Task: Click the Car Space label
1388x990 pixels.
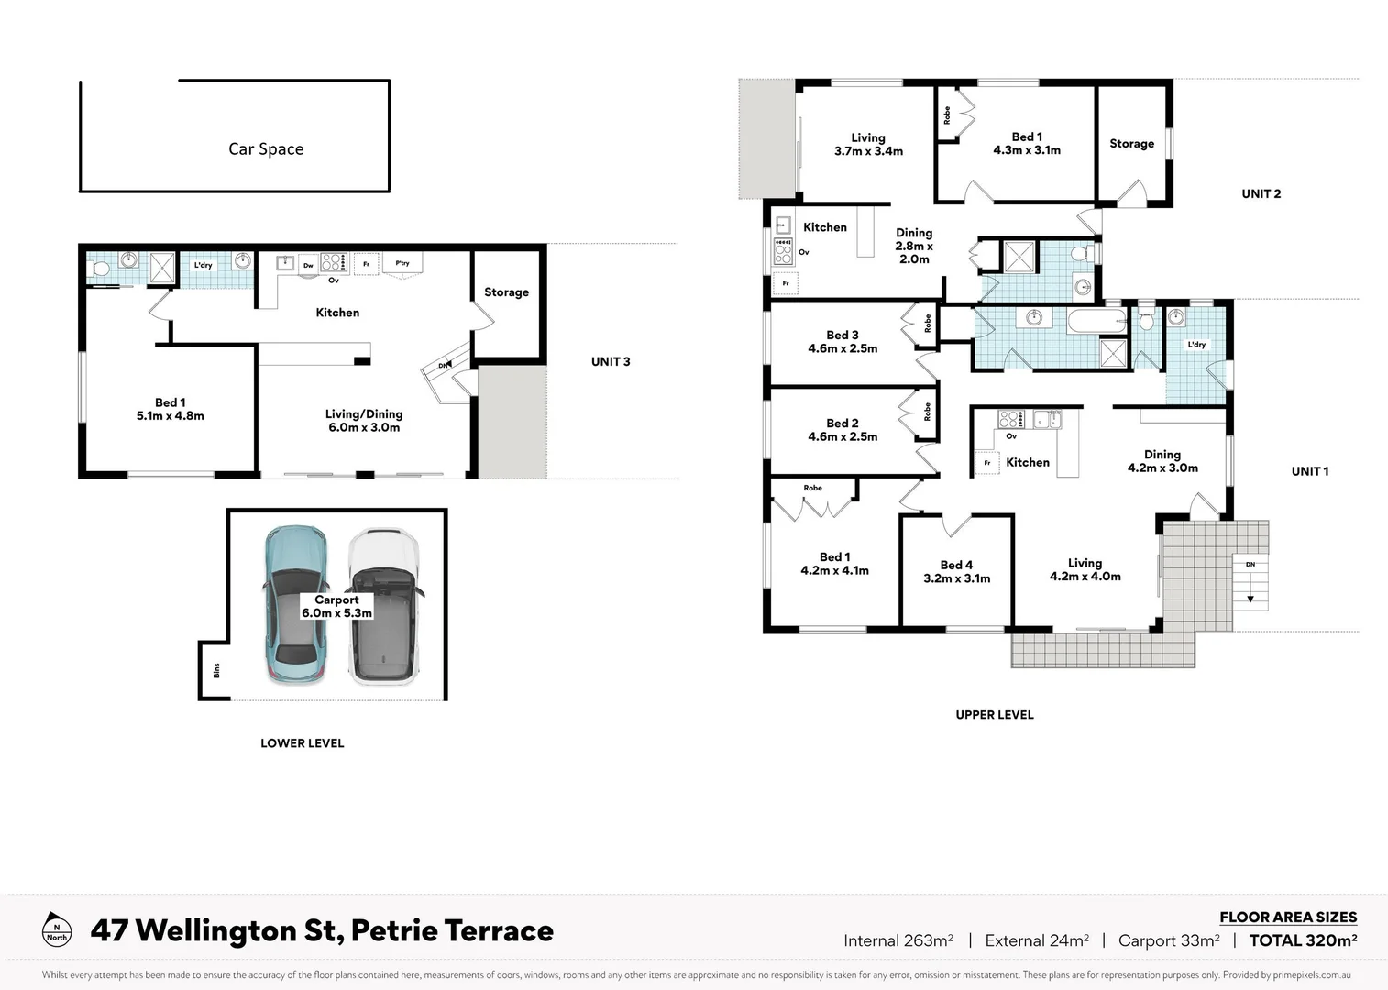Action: coord(266,148)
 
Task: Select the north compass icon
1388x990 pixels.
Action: coord(57,929)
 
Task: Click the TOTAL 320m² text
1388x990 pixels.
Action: coord(1303,940)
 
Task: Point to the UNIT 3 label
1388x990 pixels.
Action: coord(611,361)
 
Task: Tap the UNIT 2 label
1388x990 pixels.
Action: coord(1261,193)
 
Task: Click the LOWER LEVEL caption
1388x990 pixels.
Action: coord(302,743)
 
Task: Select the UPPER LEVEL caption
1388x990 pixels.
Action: coord(994,715)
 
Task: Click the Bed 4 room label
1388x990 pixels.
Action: coord(956,571)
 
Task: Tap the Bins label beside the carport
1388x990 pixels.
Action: coord(216,671)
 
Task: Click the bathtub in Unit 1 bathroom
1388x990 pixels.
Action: coord(1096,321)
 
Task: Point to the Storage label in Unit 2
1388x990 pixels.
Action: coord(1131,144)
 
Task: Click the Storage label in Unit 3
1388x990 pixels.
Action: coord(506,292)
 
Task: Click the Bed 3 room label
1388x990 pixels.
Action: coord(843,341)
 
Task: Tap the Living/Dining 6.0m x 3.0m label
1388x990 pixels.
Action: coord(364,421)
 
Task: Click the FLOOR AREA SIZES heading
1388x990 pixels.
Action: coord(1287,917)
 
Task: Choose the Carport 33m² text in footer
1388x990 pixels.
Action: coord(1169,940)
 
